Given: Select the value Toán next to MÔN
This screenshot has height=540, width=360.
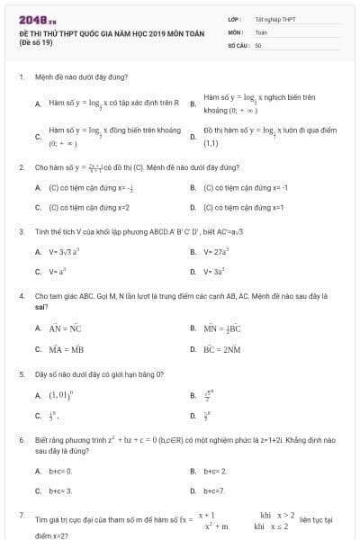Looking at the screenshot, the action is click(x=261, y=31).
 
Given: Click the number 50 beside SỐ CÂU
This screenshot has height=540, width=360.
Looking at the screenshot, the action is click(x=258, y=44).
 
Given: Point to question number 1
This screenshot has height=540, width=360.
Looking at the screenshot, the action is click(x=21, y=77).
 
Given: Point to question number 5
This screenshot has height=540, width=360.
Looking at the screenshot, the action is click(x=21, y=373).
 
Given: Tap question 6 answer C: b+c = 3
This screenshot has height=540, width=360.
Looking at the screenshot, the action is click(x=59, y=491).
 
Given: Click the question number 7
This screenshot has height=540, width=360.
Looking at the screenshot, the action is click(x=21, y=515).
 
